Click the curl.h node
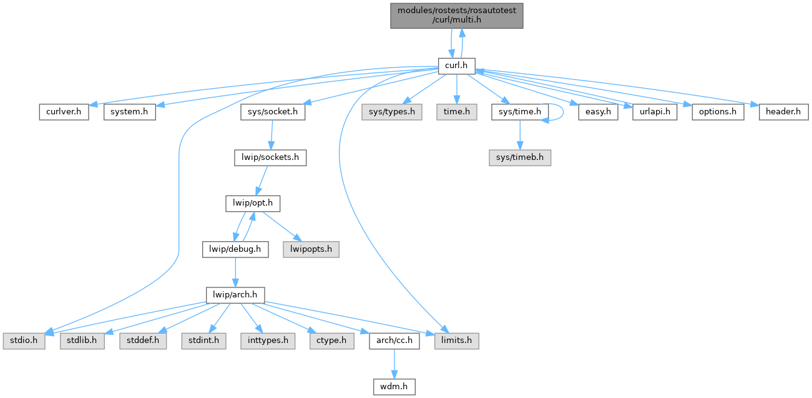coord(456,65)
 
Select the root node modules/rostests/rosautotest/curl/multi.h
coord(456,14)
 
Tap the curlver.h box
coord(62,112)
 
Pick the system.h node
coord(129,112)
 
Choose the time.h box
coord(456,112)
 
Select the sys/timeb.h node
coord(520,157)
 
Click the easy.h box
coord(597,112)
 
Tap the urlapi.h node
coord(654,112)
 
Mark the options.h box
coord(717,112)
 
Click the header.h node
coord(783,112)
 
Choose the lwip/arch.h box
coord(236,294)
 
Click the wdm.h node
coord(394,387)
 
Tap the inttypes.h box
coord(268,341)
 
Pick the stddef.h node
coord(143,341)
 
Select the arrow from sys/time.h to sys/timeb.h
coord(520,134)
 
